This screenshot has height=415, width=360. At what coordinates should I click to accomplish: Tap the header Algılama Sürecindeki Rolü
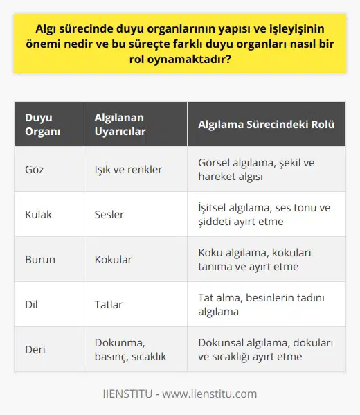point(266,125)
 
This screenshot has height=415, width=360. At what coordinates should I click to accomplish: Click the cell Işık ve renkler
point(127,169)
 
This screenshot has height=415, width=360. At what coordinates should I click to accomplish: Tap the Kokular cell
point(114,259)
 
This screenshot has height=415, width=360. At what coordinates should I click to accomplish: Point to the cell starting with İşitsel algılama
point(263,214)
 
